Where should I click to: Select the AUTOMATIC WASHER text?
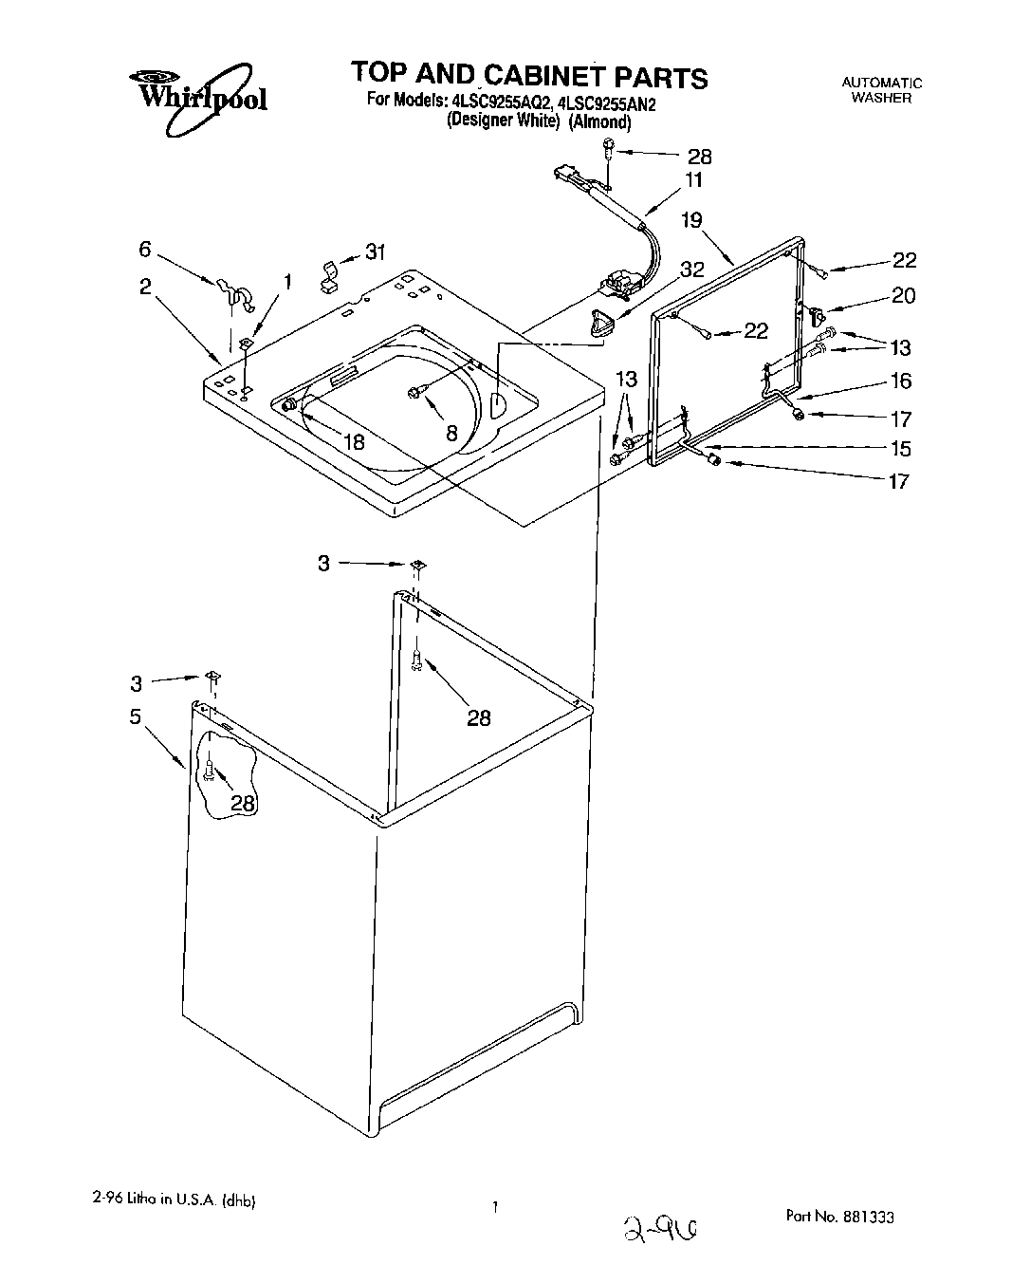pos(881,90)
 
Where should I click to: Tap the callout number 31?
pos(376,252)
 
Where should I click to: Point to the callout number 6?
pos(145,249)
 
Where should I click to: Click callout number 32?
pos(692,269)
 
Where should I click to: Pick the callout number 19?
pos(691,220)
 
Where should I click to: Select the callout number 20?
pos(903,295)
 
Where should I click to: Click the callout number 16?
pos(900,381)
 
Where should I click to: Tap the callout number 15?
pos(899,448)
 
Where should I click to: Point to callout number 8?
pos(451,432)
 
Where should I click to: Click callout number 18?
pos(354,441)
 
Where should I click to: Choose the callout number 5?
pos(136,716)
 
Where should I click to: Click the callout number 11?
pos(694,180)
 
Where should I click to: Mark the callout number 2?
pos(145,286)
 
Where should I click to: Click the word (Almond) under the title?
pos(599,121)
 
